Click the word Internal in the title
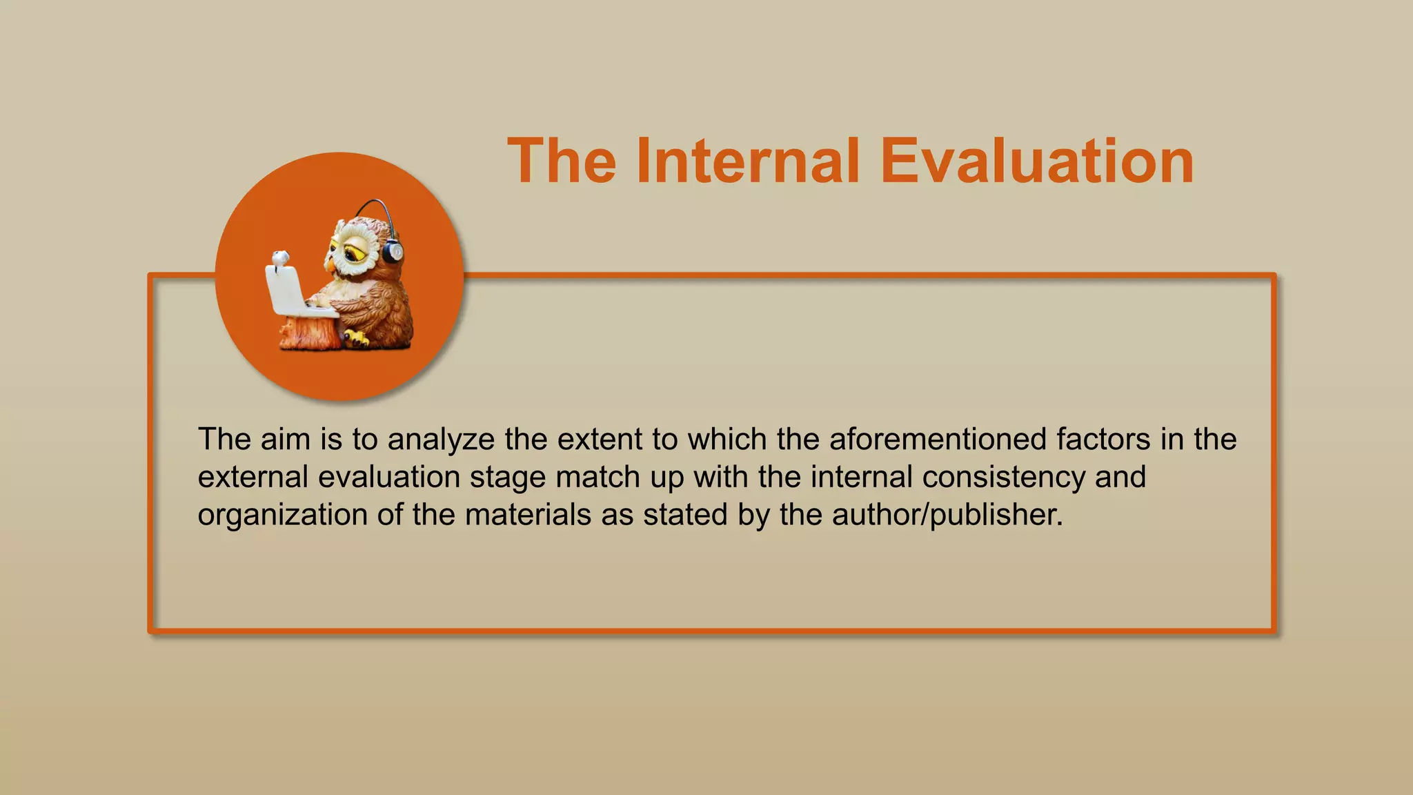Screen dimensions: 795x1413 coord(748,161)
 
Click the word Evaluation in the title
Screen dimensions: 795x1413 coord(1037,161)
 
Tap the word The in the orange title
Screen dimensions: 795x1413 coord(562,161)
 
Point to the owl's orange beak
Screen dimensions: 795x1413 coord(330,263)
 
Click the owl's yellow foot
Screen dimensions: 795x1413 coord(357,338)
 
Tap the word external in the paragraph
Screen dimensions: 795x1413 coord(253,478)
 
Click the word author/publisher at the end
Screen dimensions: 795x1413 coord(947,516)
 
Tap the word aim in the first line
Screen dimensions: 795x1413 coord(285,440)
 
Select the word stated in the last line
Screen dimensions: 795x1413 coord(684,516)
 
